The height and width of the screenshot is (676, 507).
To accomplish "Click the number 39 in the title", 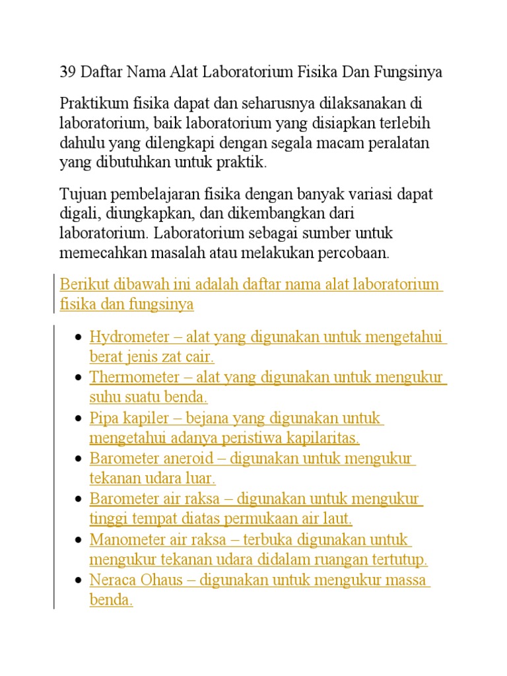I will (x=67, y=73).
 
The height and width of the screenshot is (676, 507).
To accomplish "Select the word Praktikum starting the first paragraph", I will (x=89, y=104).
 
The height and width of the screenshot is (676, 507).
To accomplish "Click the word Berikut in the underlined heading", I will (x=80, y=285).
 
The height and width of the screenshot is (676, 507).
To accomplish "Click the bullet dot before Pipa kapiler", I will (x=78, y=419).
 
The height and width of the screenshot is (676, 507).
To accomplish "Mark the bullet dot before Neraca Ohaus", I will (x=78, y=582).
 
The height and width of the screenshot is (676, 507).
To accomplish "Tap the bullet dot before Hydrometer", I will (x=78, y=338).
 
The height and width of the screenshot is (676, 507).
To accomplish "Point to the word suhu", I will (x=102, y=397).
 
